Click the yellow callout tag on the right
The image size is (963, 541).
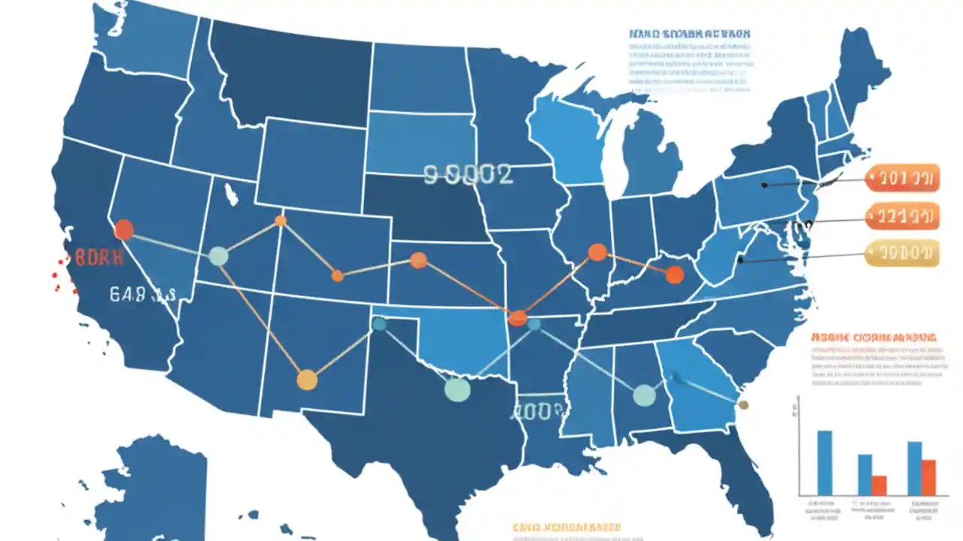click(x=902, y=253)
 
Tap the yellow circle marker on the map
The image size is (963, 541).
click(x=307, y=379)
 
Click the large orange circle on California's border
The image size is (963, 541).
click(x=123, y=229)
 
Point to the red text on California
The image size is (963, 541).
click(x=97, y=258)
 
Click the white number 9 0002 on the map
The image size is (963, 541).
click(x=468, y=175)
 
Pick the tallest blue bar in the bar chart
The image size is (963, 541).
click(x=825, y=462)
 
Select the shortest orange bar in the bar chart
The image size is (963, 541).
click(x=879, y=485)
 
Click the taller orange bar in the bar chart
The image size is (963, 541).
click(x=928, y=477)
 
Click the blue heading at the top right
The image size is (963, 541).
click(x=689, y=34)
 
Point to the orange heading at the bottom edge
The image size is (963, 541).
click(x=567, y=528)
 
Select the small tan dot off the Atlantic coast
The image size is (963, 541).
click(x=743, y=405)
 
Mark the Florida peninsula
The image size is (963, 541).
click(x=745, y=481)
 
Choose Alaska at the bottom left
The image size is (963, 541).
click(x=154, y=488)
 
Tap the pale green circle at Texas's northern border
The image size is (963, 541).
click(x=457, y=388)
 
